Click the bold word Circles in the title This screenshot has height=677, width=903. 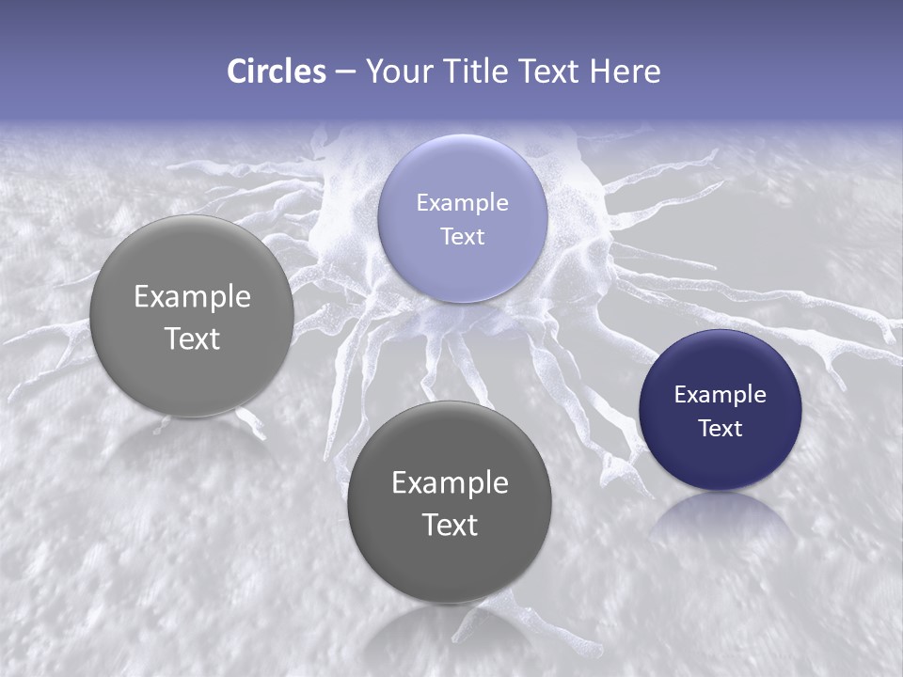(277, 71)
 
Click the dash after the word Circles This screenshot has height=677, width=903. (345, 72)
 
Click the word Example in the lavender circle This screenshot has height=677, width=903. (462, 202)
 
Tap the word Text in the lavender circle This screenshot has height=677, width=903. (462, 236)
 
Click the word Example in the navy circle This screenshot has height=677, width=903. (720, 394)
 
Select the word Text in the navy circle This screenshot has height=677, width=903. (720, 428)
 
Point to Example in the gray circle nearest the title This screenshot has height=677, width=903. (192, 296)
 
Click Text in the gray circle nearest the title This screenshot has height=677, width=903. (192, 338)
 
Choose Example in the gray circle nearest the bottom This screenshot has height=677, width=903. (450, 482)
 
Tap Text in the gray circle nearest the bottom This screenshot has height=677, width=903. (450, 525)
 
